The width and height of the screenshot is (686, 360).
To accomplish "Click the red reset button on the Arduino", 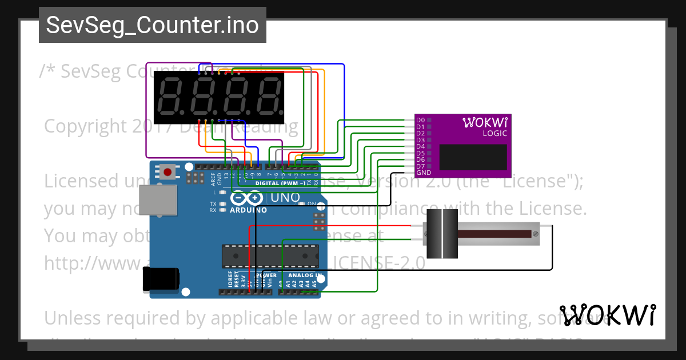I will [167, 171].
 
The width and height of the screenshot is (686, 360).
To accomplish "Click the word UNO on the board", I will [284, 198].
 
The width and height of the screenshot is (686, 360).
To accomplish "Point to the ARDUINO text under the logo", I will [249, 210].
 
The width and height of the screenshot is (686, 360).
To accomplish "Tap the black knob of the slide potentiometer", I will [442, 233].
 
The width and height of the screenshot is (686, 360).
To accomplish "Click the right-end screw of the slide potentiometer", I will [535, 234].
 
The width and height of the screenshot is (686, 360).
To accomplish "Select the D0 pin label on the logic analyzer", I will [420, 120].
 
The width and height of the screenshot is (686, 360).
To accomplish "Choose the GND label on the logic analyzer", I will [424, 173].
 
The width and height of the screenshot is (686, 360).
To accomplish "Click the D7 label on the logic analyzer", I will [420, 166].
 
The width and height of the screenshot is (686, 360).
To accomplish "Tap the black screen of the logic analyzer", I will [472, 157].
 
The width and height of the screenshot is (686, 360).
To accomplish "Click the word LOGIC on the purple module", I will [495, 134].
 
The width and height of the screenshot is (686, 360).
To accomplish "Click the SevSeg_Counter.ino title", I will [152, 25].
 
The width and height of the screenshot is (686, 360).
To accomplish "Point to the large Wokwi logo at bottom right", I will [608, 315].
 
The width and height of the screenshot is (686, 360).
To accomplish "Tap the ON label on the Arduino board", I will [312, 203].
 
